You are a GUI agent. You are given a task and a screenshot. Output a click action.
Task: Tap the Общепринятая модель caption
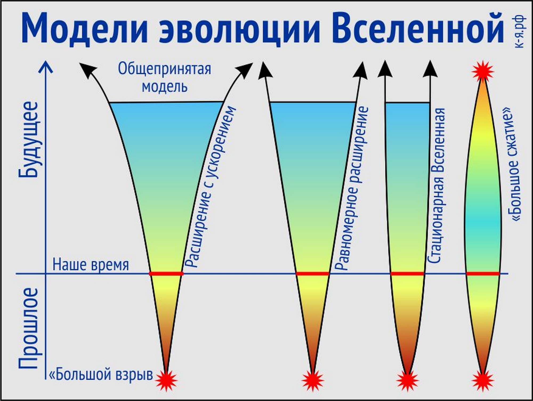click(164, 77)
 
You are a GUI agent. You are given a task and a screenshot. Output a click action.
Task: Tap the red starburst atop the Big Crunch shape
click(483, 71)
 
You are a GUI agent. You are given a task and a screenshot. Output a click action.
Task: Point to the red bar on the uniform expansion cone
click(313, 274)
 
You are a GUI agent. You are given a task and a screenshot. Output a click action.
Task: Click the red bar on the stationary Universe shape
click(407, 274)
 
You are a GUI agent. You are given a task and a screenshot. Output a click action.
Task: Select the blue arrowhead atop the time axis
click(46, 67)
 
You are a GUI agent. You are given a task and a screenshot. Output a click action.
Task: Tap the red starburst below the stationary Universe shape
click(407, 379)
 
